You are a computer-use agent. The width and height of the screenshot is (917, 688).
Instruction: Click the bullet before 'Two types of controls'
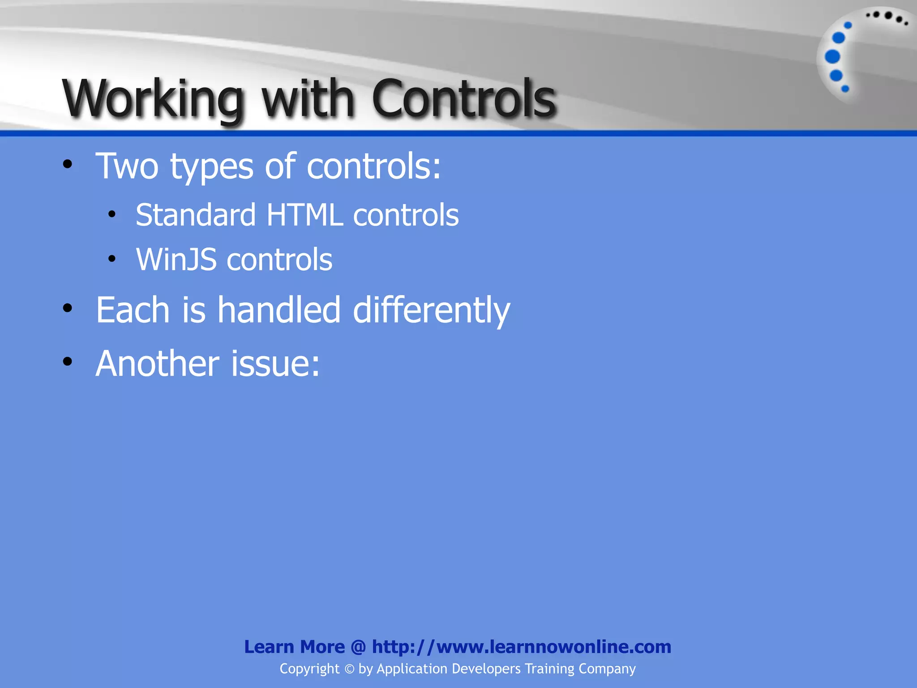[x=68, y=164]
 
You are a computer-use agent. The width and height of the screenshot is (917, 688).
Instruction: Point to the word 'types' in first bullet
[x=212, y=167]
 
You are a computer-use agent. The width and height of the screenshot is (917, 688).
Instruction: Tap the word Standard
[x=196, y=215]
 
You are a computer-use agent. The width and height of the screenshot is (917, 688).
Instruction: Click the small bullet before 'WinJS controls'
[x=112, y=258]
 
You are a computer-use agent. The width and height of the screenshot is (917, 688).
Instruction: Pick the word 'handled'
[x=279, y=310]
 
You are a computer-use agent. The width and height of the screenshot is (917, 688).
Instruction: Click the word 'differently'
[x=431, y=310]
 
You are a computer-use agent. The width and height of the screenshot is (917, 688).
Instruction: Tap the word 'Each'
[x=133, y=310]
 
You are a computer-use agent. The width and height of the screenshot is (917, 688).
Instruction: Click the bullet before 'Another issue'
[x=68, y=361]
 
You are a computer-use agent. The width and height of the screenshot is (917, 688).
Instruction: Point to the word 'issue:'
[x=275, y=364]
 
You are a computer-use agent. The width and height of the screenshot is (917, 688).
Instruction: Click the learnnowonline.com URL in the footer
[x=521, y=647]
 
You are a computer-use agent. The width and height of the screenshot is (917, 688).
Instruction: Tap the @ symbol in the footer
[x=358, y=647]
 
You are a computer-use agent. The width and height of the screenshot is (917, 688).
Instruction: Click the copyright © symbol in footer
[x=349, y=669]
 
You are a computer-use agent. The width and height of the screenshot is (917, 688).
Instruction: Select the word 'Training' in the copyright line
[x=549, y=669]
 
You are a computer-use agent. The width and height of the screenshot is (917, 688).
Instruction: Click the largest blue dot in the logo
[x=832, y=57]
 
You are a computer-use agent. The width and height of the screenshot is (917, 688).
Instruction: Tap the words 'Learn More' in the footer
[x=294, y=647]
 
